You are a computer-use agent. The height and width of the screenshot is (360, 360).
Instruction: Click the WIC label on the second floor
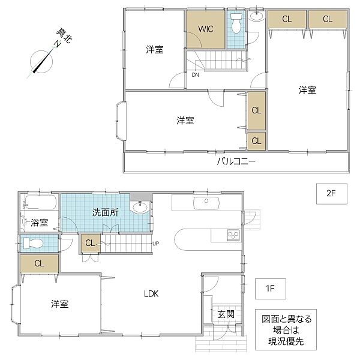coord(206,28)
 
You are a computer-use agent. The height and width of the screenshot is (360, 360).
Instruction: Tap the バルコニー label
coord(236,162)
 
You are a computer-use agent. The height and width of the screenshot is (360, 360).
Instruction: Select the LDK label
coord(151,294)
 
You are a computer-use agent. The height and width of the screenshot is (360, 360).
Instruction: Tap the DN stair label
coord(196,75)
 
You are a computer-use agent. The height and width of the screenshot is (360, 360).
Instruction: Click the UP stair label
coord(156,243)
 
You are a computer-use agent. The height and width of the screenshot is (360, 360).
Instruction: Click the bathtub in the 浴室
coord(40,203)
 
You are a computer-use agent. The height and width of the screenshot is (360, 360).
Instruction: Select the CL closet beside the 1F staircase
coord(89,243)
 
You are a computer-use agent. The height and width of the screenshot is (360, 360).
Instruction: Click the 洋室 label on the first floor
coord(59,304)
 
